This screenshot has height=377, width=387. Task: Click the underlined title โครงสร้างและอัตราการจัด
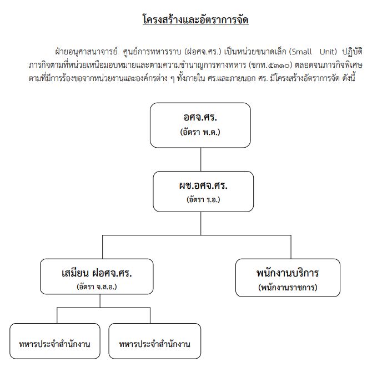tap(195, 20)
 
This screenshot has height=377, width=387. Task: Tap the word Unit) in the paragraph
tap(328, 52)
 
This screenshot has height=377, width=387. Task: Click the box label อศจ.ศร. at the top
tap(200, 117)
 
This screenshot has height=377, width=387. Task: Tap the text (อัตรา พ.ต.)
tap(200, 132)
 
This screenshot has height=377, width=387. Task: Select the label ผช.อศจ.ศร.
tap(203, 185)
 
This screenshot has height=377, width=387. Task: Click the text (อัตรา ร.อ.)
tap(203, 199)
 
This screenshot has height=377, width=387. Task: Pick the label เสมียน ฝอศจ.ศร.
tap(97, 273)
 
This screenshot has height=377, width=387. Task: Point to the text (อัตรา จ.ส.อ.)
tap(97, 286)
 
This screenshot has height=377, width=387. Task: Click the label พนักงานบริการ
tap(288, 273)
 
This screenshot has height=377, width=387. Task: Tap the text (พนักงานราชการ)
tap(288, 288)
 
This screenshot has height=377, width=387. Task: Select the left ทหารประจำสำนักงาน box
tap(55, 341)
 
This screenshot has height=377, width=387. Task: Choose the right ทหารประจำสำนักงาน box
tap(155, 341)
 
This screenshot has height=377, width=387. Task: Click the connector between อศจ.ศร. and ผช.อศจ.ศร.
tap(200, 159)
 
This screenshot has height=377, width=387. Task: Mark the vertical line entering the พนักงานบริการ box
tap(291, 247)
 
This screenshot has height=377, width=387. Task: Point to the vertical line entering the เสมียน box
tap(102, 247)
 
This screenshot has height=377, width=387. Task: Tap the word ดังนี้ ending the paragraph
tap(349, 78)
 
